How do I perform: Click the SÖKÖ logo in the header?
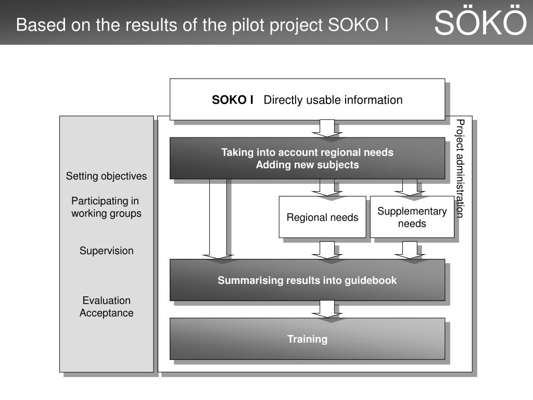[x=480, y=23]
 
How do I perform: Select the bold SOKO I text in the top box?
[x=233, y=100]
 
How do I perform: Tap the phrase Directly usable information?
[x=333, y=100]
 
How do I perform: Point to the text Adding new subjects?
[x=307, y=165]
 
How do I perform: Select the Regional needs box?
[x=322, y=217]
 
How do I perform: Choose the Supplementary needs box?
[x=412, y=217]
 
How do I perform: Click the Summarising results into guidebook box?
[x=307, y=280]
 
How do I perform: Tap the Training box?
[x=307, y=339]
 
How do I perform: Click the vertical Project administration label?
[x=460, y=168]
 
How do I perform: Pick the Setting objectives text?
[x=106, y=176]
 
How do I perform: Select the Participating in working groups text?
[x=106, y=207]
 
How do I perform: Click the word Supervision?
[x=106, y=251]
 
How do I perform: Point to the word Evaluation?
[x=106, y=301]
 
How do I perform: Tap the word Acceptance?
[x=106, y=313]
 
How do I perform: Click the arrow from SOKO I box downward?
[x=327, y=128]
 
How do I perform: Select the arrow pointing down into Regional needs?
[x=327, y=187]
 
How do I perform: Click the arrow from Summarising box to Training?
[x=327, y=309]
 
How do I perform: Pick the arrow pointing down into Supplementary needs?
[x=410, y=187]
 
